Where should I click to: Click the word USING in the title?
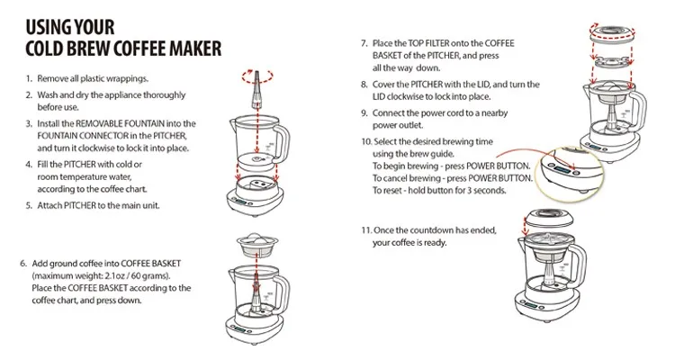point(48,27)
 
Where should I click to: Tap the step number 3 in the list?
point(29,124)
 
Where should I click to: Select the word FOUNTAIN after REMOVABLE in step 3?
point(144,123)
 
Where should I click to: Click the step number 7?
point(364,43)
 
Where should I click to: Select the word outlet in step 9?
point(412,125)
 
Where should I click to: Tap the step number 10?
point(366,141)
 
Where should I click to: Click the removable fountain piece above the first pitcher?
point(257,90)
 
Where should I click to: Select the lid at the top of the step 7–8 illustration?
point(613,34)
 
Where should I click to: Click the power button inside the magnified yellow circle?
point(577,173)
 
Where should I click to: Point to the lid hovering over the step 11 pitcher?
point(548,218)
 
